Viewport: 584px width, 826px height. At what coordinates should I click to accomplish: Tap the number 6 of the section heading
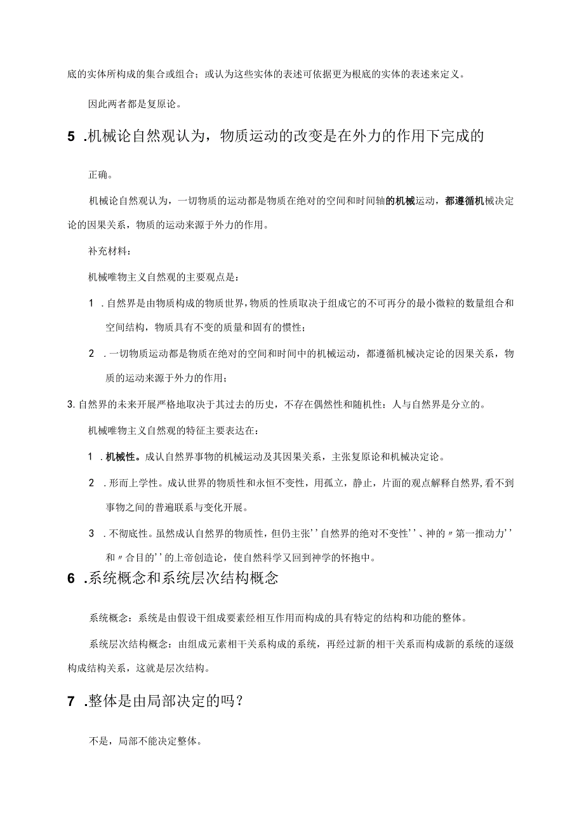71,579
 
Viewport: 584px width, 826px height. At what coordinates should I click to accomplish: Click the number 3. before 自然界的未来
71,405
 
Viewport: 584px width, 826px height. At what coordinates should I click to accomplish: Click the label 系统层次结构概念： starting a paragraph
130,644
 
